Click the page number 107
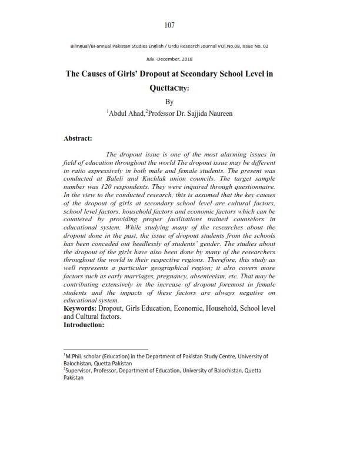coord(170,25)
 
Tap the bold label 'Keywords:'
coord(83,308)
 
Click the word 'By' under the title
coord(170,102)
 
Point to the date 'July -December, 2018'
coord(170,59)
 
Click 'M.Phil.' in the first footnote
coord(76,357)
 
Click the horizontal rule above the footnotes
coord(106,349)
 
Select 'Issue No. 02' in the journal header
coord(257,45)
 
